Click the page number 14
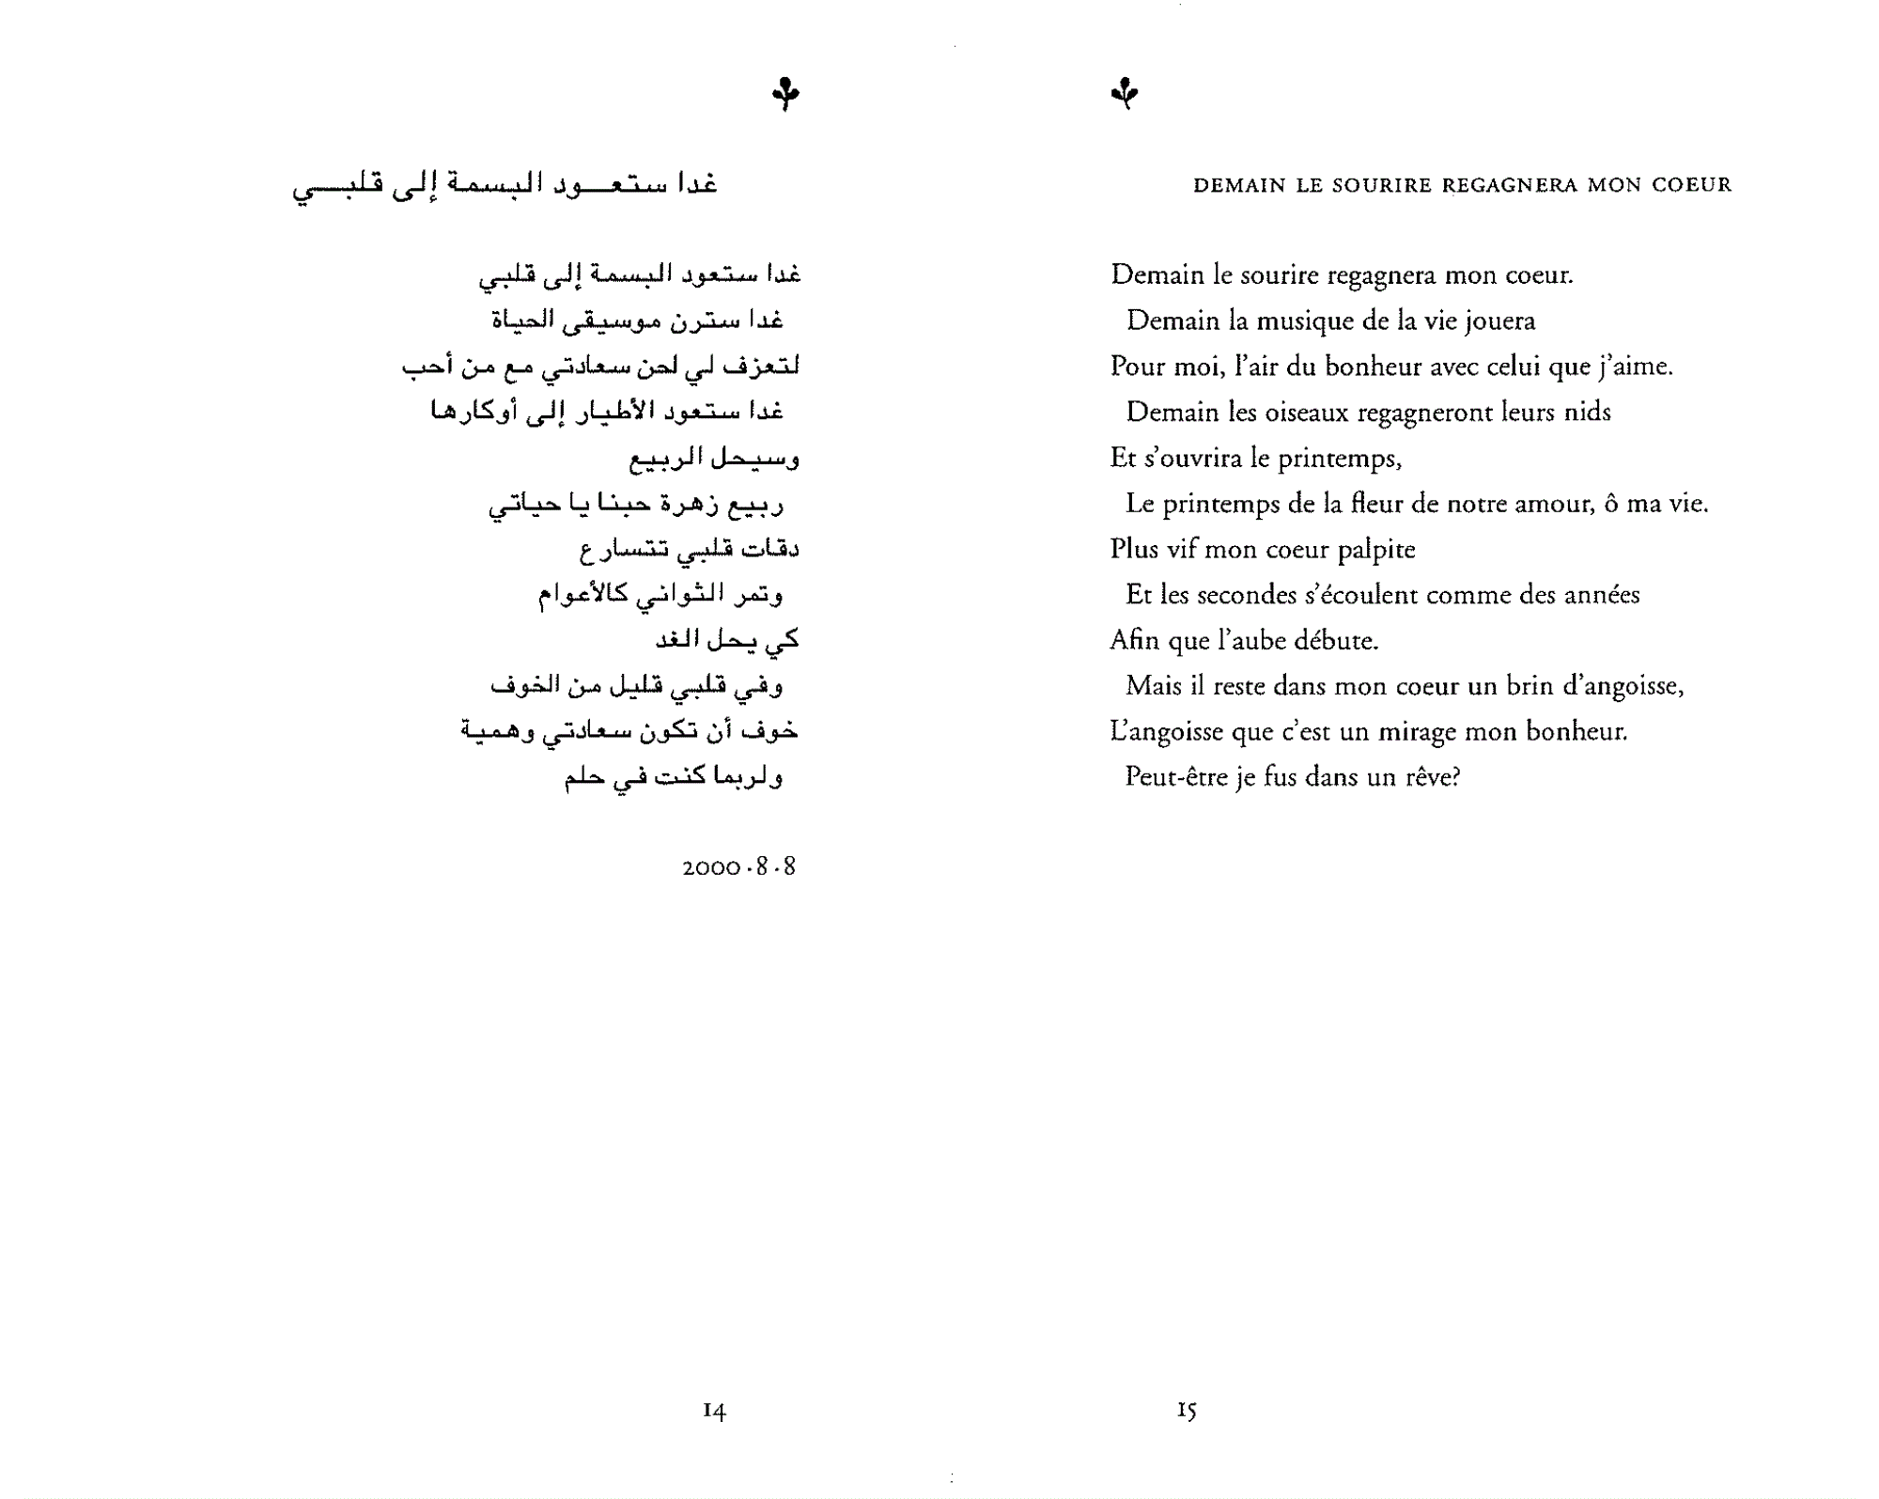(x=714, y=1410)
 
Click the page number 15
(x=1187, y=1410)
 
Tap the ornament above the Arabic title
(x=785, y=94)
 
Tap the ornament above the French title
(x=1125, y=93)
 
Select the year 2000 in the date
(x=711, y=867)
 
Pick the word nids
(x=1587, y=413)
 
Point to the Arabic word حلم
(x=584, y=777)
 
